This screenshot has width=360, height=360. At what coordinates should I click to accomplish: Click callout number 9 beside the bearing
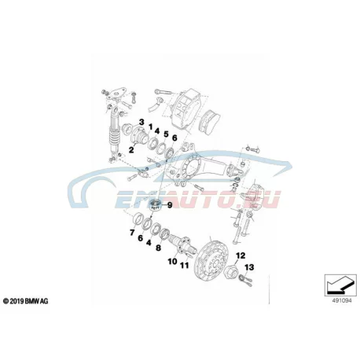point(170,205)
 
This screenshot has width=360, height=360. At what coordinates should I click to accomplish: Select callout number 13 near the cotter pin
point(249,267)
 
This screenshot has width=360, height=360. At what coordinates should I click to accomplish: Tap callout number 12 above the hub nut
point(241,255)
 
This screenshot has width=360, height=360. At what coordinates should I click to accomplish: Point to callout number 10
point(172,261)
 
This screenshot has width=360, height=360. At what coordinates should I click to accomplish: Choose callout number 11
point(185,266)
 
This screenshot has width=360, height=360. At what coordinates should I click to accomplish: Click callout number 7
point(132,233)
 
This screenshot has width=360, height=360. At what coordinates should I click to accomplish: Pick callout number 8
point(158,248)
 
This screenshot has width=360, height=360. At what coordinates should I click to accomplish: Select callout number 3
point(141,122)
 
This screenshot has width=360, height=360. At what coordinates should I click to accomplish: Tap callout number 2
point(131,150)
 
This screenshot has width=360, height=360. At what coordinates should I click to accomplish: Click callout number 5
point(166,134)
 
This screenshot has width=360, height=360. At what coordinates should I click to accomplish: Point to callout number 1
point(150,127)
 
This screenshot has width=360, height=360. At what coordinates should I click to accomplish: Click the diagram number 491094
point(342,300)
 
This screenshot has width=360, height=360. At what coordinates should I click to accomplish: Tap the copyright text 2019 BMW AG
point(25,301)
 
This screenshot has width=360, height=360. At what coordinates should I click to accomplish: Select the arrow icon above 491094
point(340,285)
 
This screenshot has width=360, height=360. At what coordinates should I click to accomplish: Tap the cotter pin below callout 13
point(245,280)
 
